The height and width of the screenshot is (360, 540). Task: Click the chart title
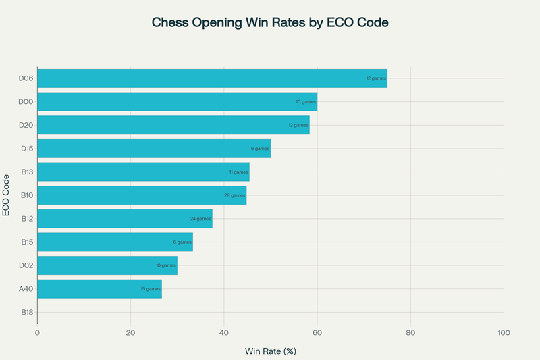pos(270,22)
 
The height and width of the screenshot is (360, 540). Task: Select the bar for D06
pos(212,78)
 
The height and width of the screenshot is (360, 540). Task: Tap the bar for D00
pos(177,102)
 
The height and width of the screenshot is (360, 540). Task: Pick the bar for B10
pos(142,195)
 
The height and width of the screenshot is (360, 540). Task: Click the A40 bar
pos(99,288)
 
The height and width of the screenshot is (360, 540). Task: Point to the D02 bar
pos(107,265)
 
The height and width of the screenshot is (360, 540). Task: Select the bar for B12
pos(125,219)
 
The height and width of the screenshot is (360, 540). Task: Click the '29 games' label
pos(235,195)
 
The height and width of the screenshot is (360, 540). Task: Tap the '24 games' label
pos(200,219)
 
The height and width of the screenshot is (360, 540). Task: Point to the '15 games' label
pos(151,288)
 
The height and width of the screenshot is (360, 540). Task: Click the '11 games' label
pos(238,172)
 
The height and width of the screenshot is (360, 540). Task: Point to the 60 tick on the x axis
pos(317,332)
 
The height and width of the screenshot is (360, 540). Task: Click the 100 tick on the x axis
pos(504,332)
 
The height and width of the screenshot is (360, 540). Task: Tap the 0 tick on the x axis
pos(37,332)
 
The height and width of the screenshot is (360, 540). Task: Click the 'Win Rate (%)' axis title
pos(270,351)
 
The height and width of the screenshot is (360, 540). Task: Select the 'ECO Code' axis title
pos(7,195)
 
